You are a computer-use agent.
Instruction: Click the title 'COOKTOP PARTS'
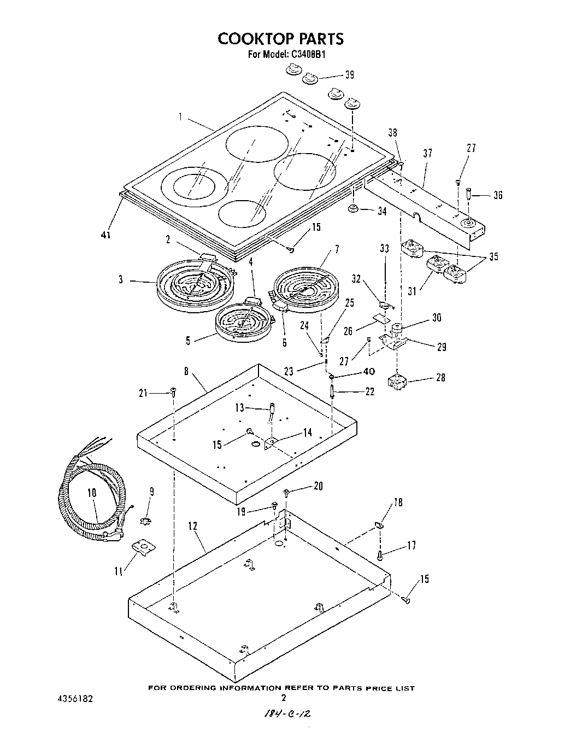(280, 39)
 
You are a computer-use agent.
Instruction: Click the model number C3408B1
(307, 55)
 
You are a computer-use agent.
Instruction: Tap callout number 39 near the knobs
(349, 75)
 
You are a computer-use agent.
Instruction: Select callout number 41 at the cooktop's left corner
(106, 235)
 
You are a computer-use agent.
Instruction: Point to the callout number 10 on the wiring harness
(91, 493)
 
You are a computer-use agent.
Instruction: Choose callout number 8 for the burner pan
(186, 371)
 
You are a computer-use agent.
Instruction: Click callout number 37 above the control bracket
(427, 154)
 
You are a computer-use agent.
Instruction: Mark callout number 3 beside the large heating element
(120, 280)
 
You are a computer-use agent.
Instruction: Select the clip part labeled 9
(145, 519)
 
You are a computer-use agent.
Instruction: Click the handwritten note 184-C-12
(284, 714)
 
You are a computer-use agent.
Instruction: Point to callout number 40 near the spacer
(369, 372)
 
